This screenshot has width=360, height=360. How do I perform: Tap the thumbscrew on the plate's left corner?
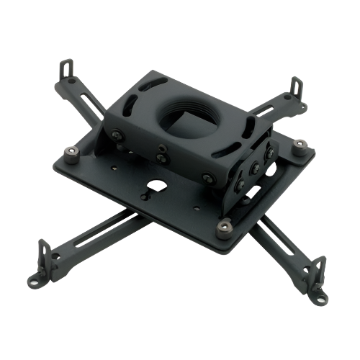click(x=71, y=153)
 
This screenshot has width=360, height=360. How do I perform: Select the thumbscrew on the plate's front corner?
click(x=225, y=226)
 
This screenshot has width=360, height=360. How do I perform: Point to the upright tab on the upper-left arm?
click(x=67, y=71)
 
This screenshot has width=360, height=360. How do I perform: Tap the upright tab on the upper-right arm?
click(x=294, y=88)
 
